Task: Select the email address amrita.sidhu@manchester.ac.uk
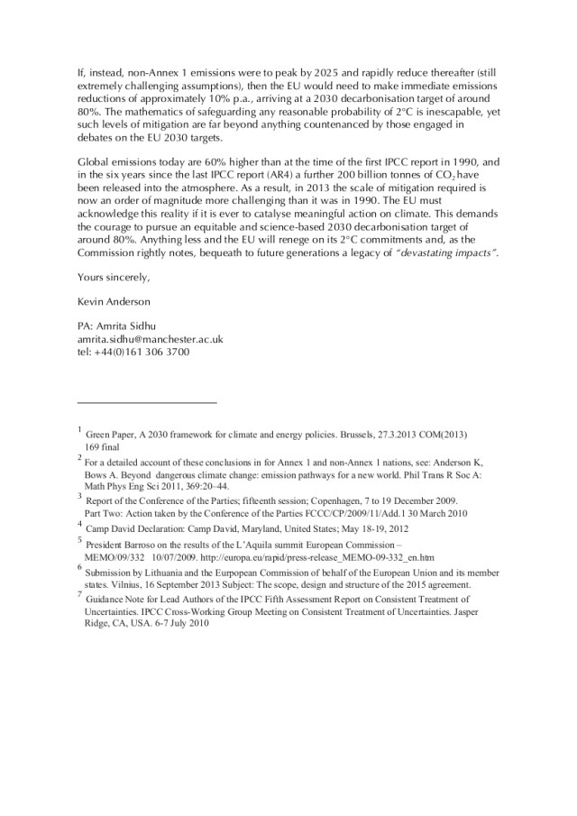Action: [151, 338]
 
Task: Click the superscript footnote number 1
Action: [79, 429]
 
